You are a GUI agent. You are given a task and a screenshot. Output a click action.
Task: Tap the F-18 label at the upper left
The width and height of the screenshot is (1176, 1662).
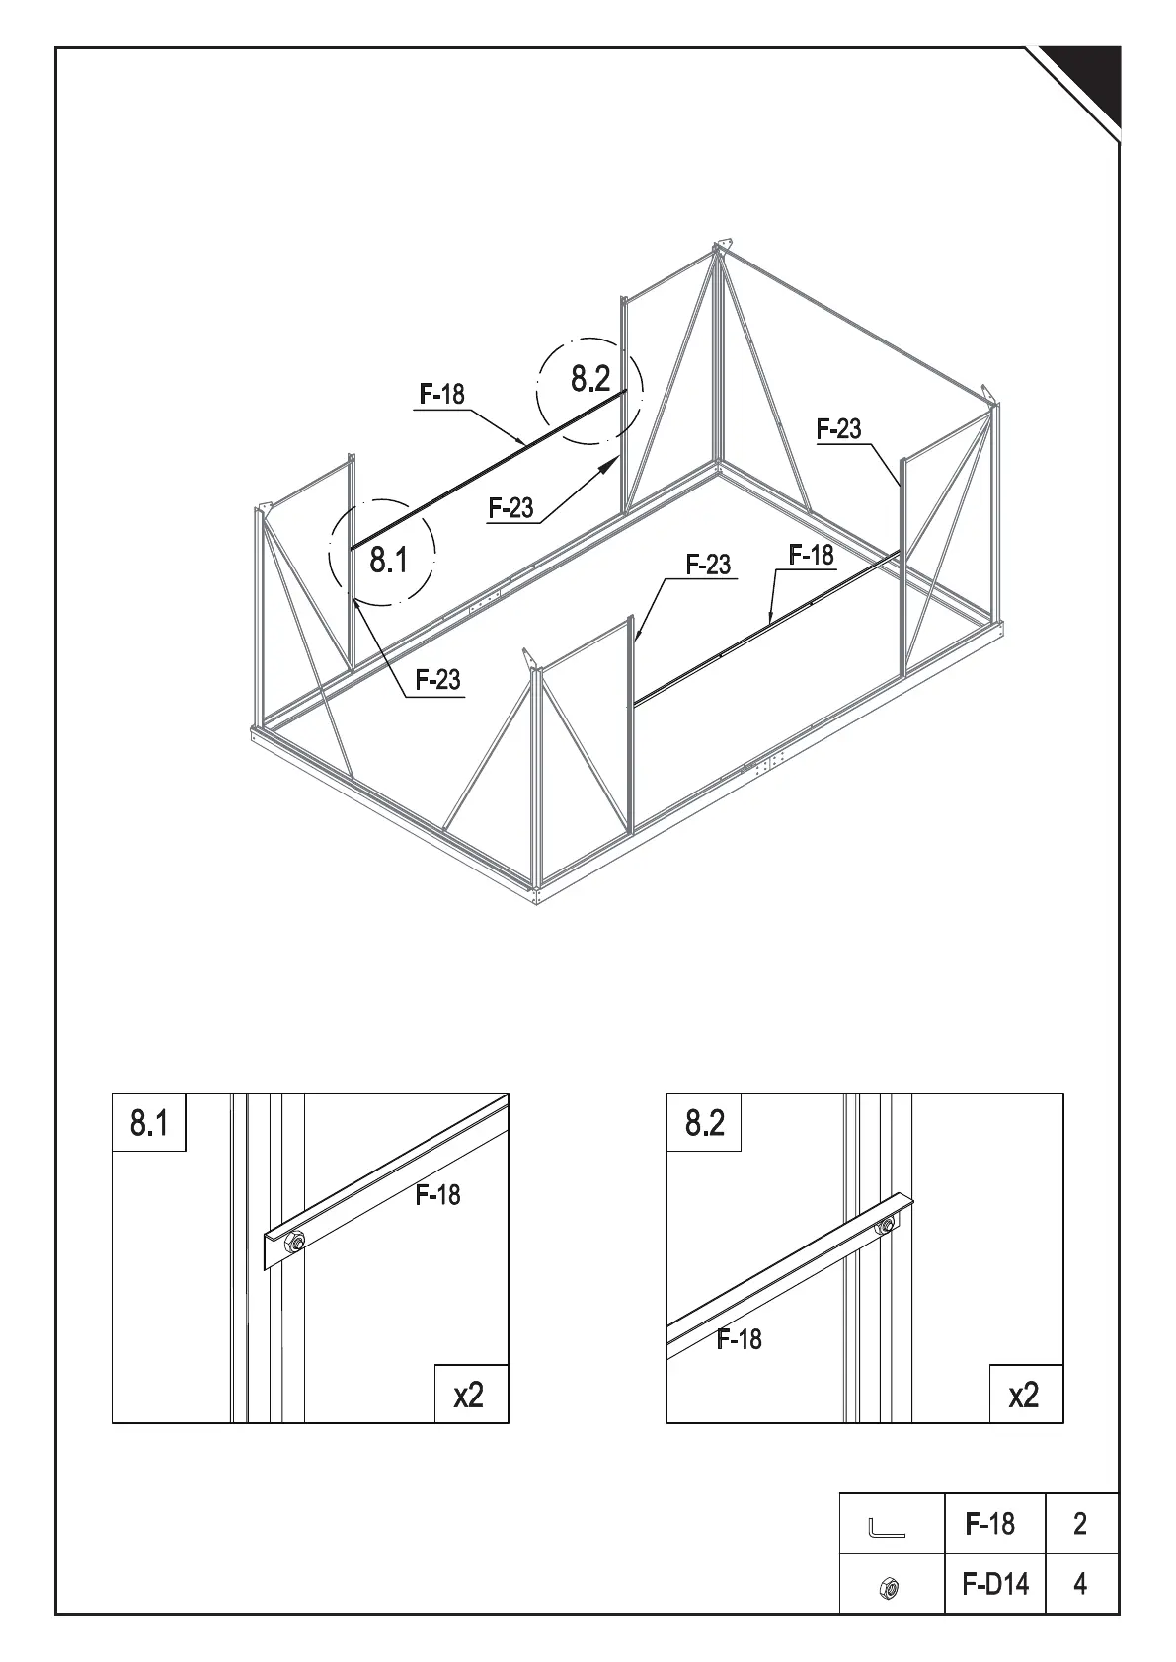coord(441,394)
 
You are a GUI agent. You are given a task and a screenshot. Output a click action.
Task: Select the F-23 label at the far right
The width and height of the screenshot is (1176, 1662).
coord(838,429)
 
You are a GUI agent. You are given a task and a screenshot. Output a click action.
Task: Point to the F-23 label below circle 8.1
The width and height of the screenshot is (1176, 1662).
coord(437,680)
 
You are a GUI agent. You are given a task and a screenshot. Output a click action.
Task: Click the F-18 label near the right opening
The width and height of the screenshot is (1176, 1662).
coord(812,556)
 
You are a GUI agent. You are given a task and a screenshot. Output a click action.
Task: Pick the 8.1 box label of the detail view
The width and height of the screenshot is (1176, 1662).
coord(149,1122)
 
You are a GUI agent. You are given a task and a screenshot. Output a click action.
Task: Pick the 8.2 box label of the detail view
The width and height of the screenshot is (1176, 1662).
coord(704,1122)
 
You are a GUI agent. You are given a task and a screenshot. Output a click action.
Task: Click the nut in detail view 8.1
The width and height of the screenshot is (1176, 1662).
coord(293,1241)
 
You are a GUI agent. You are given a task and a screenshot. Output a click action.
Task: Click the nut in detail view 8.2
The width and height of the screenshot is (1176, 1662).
coord(886,1226)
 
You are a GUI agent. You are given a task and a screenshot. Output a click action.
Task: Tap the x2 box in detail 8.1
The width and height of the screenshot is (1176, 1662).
coord(470,1395)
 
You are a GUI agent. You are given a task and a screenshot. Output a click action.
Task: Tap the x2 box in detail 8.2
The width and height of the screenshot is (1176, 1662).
coord(1025,1395)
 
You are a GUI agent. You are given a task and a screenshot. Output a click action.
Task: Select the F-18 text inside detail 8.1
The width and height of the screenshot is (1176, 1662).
coord(437,1195)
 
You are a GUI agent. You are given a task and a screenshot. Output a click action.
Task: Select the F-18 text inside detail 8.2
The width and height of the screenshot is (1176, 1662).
coord(739,1339)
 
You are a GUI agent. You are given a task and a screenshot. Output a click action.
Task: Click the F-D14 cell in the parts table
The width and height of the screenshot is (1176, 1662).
coord(994,1584)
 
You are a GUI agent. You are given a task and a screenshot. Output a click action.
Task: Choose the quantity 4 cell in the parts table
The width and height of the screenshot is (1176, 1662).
coord(1080,1584)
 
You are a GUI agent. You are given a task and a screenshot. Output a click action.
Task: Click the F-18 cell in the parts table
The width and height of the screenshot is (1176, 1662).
coord(990,1524)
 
